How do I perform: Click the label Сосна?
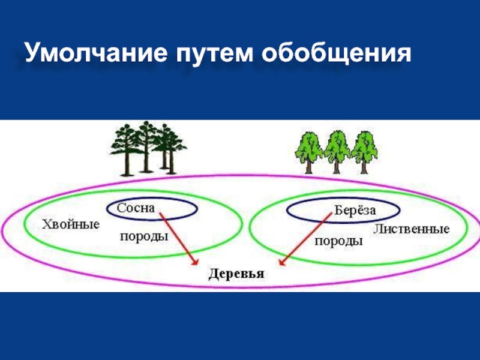coord(136,208)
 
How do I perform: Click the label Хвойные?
coord(70,224)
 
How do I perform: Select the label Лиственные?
coord(411,229)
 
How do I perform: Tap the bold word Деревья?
coord(236,274)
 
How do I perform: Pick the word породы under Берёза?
coord(338,241)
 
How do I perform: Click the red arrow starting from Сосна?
coord(178,238)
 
